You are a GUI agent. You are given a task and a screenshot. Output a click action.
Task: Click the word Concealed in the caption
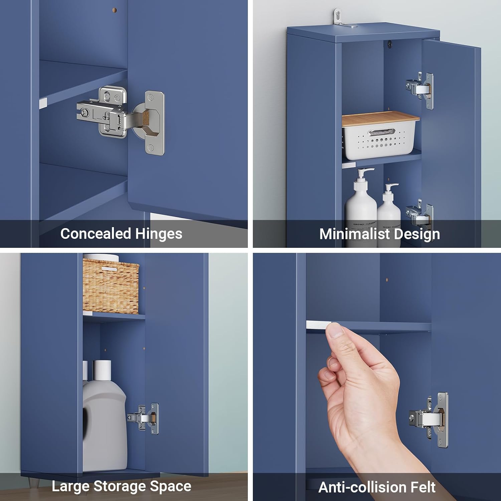point(96,233)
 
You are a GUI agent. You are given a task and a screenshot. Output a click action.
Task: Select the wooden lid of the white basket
point(380,119)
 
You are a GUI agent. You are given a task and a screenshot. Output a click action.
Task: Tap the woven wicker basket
point(111,286)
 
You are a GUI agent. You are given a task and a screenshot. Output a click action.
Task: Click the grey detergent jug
point(104,424)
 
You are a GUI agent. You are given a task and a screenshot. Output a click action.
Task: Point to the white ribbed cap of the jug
point(102,370)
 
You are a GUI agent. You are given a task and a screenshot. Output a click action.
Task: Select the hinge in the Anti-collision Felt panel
point(429,419)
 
